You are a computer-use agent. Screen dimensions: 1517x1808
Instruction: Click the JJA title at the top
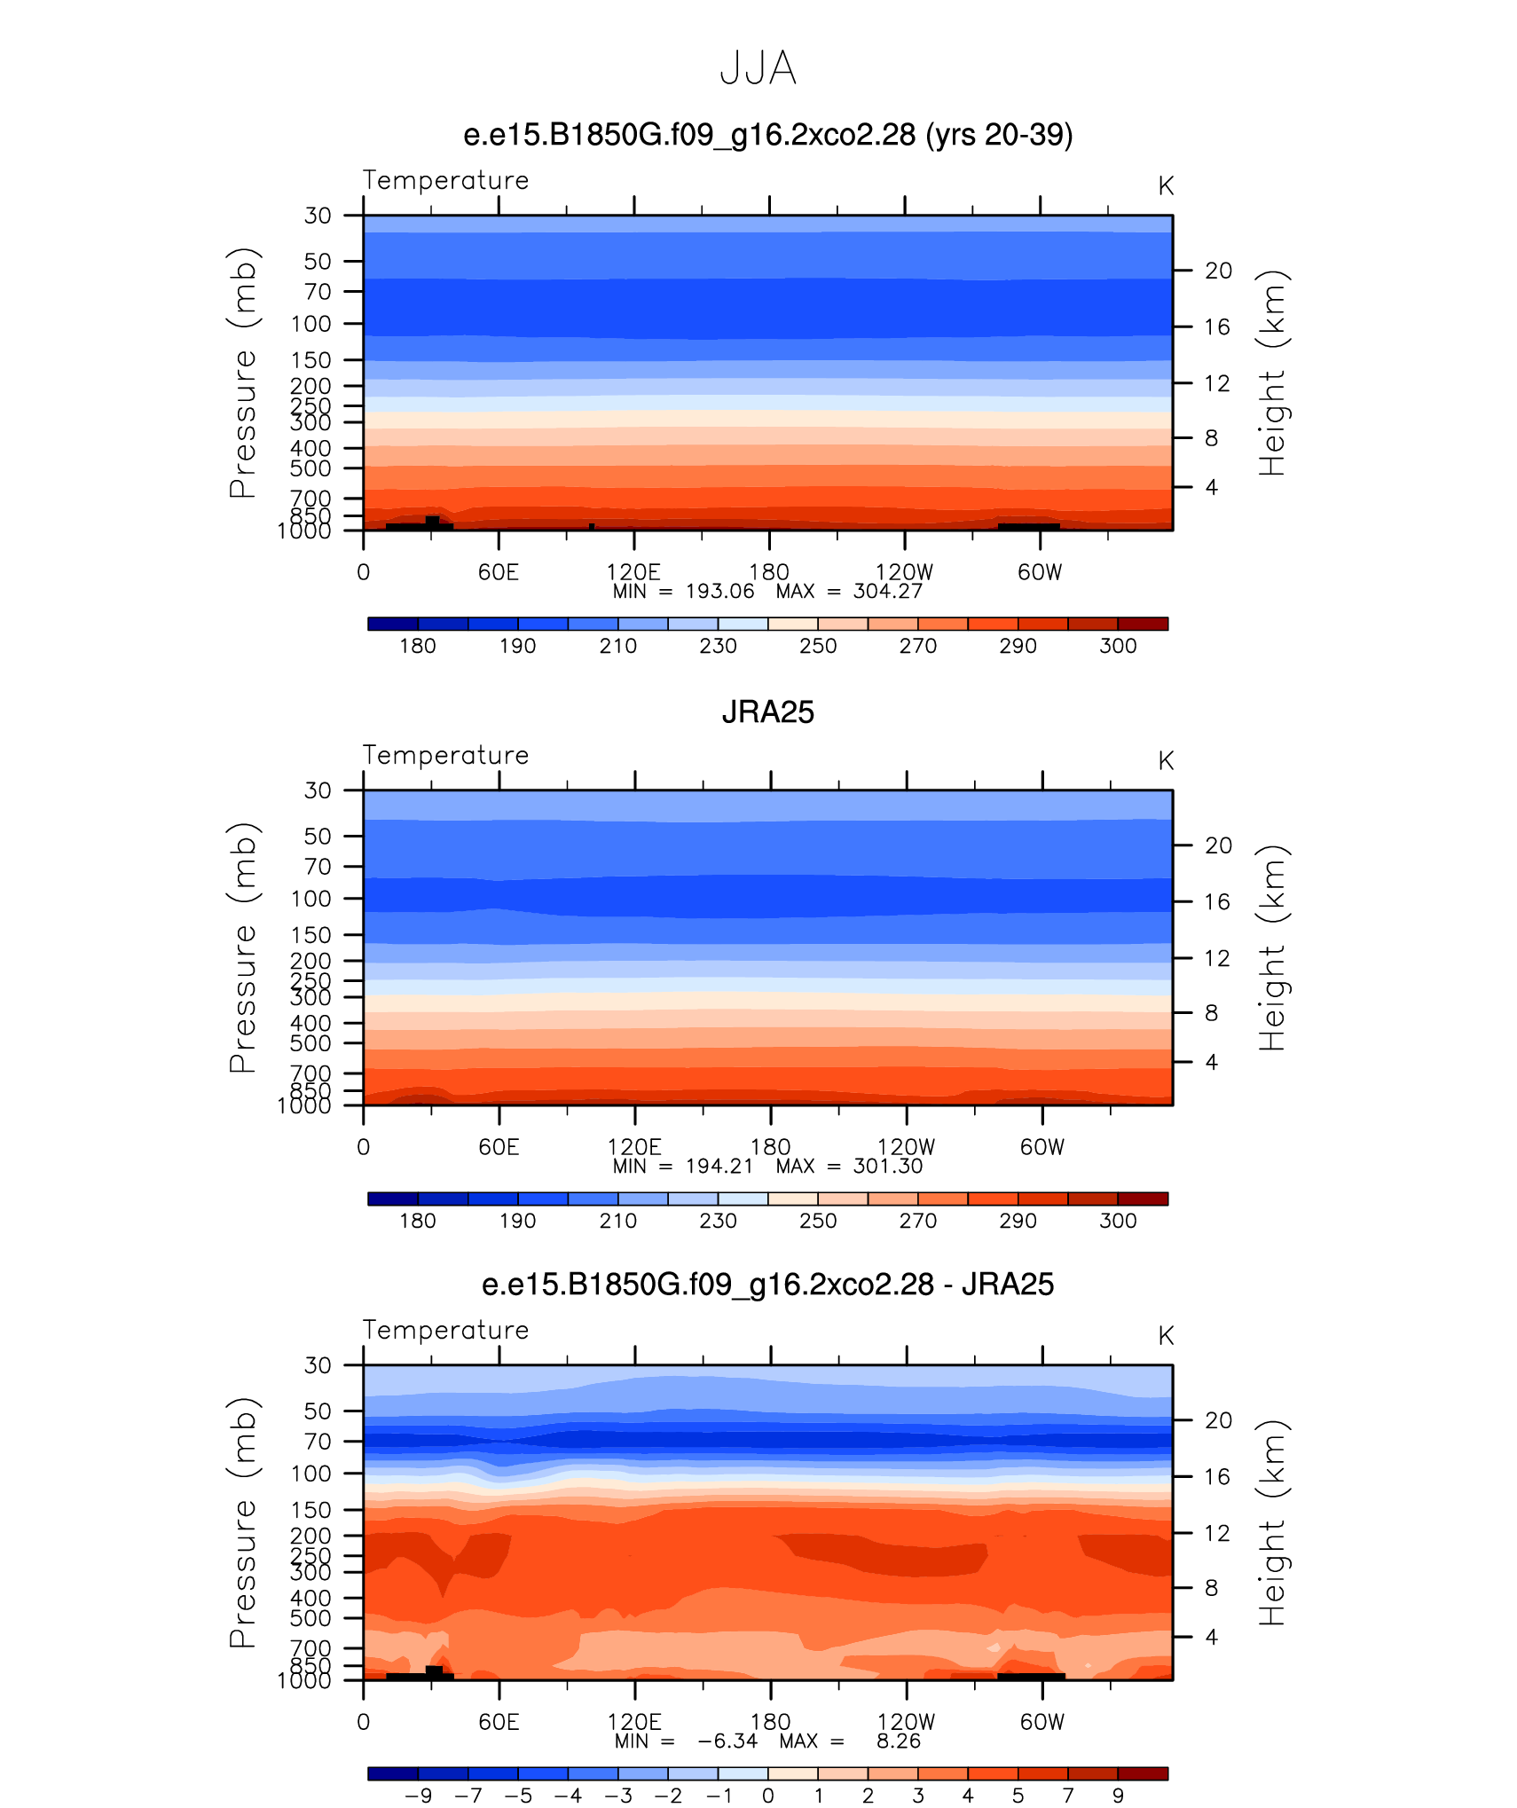(x=758, y=68)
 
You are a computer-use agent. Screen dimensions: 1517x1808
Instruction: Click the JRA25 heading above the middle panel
(x=767, y=712)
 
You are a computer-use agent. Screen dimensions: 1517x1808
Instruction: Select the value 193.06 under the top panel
(x=719, y=592)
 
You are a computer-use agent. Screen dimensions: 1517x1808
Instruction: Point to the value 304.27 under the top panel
(x=888, y=592)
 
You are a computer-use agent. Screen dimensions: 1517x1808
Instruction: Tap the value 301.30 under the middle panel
(x=888, y=1167)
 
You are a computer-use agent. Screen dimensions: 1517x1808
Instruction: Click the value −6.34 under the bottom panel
(x=727, y=1741)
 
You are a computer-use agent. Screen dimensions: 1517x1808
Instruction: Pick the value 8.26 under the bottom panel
(x=899, y=1741)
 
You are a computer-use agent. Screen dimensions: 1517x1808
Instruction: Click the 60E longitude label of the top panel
(x=499, y=572)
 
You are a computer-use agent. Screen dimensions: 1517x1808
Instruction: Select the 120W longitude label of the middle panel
(x=906, y=1147)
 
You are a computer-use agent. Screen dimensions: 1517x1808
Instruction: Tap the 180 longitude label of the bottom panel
(x=770, y=1722)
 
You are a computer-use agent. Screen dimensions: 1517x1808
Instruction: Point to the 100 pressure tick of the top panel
(x=311, y=324)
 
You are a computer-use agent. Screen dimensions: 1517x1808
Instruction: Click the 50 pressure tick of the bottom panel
(x=318, y=1411)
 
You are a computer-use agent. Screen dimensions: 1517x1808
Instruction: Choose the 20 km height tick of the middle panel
(x=1218, y=845)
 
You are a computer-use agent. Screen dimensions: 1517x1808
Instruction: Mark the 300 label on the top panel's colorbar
(x=1118, y=646)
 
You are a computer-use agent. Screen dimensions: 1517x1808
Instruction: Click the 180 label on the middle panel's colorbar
(x=418, y=1221)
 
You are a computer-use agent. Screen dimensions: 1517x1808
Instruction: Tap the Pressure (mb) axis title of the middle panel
(x=243, y=947)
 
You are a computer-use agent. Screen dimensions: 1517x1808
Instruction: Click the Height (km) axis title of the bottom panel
(x=1272, y=1522)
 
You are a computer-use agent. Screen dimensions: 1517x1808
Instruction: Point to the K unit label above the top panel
(x=1166, y=186)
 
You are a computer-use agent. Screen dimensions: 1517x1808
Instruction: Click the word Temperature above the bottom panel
(x=446, y=1330)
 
